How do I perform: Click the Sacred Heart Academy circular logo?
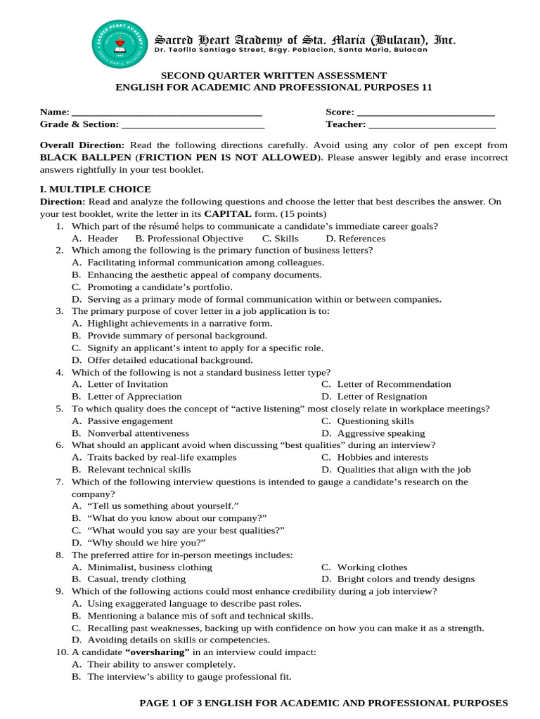tap(120, 44)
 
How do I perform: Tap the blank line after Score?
tap(425, 113)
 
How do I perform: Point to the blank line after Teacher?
tap(432, 125)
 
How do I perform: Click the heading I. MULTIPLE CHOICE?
tap(95, 190)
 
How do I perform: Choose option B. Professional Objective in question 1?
tap(189, 239)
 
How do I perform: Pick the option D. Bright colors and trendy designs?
tap(398, 579)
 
